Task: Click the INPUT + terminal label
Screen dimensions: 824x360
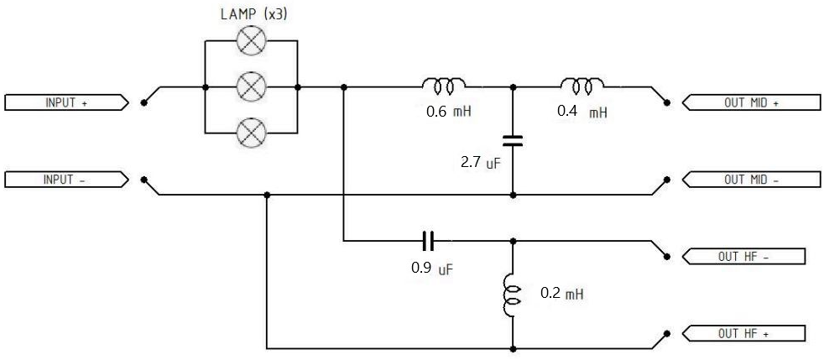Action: pyautogui.click(x=66, y=102)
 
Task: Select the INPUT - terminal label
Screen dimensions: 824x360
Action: pyautogui.click(x=66, y=180)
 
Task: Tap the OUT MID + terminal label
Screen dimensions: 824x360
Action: pyautogui.click(x=751, y=102)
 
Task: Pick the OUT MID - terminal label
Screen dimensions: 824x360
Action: pyautogui.click(x=751, y=180)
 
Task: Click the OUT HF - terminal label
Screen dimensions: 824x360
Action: pyautogui.click(x=743, y=257)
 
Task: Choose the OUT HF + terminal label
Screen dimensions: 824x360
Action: pyautogui.click(x=743, y=333)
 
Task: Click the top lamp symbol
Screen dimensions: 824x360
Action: pyautogui.click(x=252, y=40)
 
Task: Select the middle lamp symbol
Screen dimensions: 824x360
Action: pyautogui.click(x=252, y=86)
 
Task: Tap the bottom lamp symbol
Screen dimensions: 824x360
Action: pyautogui.click(x=252, y=133)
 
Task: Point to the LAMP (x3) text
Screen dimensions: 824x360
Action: pyautogui.click(x=253, y=14)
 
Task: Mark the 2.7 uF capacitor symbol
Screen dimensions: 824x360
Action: pyautogui.click(x=513, y=140)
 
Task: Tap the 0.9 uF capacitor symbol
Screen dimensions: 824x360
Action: pyautogui.click(x=428, y=241)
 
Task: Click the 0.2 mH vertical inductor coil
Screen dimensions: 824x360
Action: pyautogui.click(x=512, y=295)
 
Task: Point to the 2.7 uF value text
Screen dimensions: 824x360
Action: pyautogui.click(x=481, y=163)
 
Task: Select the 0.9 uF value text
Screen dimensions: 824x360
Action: pyautogui.click(x=431, y=269)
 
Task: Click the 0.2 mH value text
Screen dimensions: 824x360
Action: pyautogui.click(x=561, y=294)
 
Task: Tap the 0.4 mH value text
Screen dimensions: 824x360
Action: pyautogui.click(x=581, y=112)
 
